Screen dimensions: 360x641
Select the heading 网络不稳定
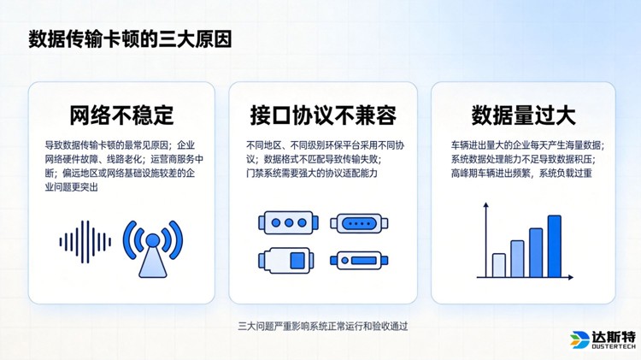pyautogui.click(x=121, y=115)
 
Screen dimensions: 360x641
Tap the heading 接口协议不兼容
pyautogui.click(x=323, y=115)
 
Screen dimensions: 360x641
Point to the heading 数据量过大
pyautogui.click(x=523, y=115)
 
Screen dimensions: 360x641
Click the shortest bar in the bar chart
pyautogui.click(x=498, y=265)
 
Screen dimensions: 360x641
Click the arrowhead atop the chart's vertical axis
pyautogui.click(x=485, y=206)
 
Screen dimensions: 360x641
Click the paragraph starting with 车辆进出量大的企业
pyautogui.click(x=522, y=159)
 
